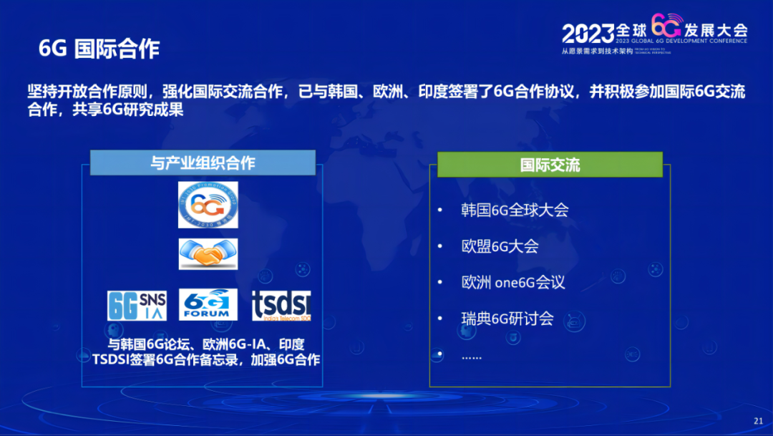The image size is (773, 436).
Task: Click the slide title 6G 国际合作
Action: [x=99, y=49]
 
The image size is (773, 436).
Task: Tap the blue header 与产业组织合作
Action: [x=203, y=163]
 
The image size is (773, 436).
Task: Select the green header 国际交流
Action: [x=550, y=165]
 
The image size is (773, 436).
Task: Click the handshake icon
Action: [x=208, y=254]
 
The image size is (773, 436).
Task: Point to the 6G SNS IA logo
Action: [x=137, y=305]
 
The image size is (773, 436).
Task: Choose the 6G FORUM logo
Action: [x=208, y=304]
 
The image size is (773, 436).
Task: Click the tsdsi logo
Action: [x=281, y=305]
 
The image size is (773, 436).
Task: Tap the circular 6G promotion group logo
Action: [x=208, y=205]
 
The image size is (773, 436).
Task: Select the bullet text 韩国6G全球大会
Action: [x=515, y=210]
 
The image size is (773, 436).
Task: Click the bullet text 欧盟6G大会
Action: [x=500, y=246]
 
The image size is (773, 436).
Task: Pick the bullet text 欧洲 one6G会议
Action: [x=513, y=282]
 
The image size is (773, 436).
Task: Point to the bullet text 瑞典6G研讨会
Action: [x=507, y=319]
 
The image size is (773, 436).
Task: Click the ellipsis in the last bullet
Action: [x=472, y=356]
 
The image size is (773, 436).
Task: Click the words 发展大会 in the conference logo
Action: [x=716, y=30]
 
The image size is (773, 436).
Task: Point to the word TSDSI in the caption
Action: [x=112, y=359]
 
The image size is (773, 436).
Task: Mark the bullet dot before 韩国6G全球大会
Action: [x=440, y=210]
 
